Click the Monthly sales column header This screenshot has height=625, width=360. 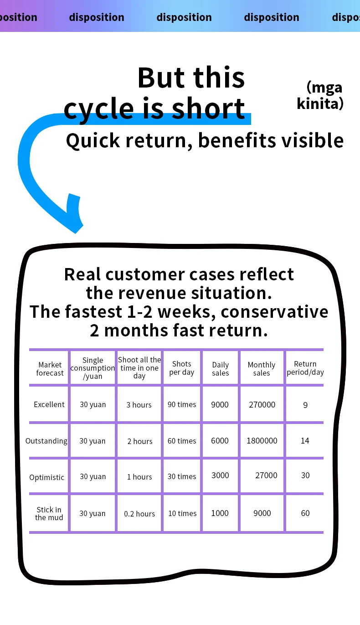[262, 369]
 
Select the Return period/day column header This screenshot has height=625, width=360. [305, 368]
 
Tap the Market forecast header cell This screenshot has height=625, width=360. [50, 369]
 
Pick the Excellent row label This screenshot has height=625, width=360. [49, 404]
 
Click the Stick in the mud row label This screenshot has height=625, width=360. [49, 513]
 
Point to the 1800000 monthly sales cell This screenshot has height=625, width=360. [262, 441]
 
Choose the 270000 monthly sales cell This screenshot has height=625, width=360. [262, 404]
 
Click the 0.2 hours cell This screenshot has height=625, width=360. [139, 514]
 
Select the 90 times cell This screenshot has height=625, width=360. [182, 404]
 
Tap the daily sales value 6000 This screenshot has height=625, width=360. [220, 441]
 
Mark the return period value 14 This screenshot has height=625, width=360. [305, 441]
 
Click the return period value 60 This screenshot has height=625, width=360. [305, 513]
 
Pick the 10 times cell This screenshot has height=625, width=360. [182, 513]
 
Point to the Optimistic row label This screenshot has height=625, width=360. [47, 477]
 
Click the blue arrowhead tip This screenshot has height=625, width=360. [77, 230]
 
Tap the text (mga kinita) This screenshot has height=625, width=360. [320, 95]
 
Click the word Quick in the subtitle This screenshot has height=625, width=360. [93, 140]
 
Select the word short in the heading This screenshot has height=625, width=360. [208, 108]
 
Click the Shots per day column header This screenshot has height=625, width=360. [182, 368]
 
